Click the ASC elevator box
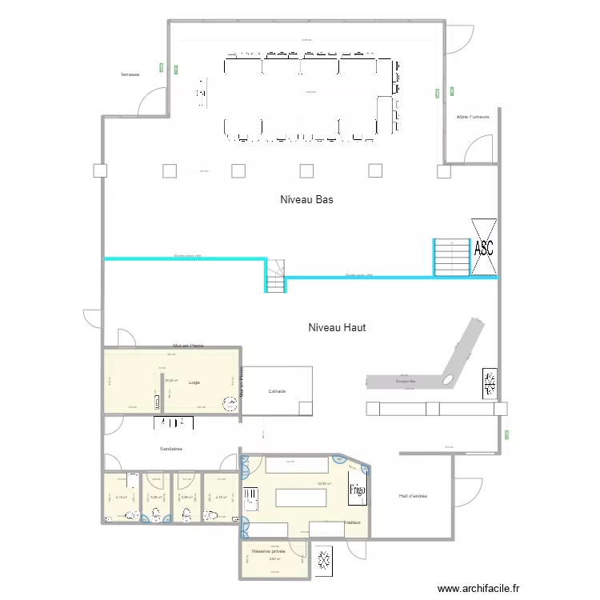pyautogui.click(x=483, y=247)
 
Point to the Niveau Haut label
pyautogui.click(x=337, y=327)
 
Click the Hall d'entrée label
pyautogui.click(x=413, y=496)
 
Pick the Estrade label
pyautogui.click(x=277, y=391)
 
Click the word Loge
pyautogui.click(x=194, y=382)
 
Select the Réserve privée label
pyautogui.click(x=268, y=551)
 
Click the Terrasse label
pyautogui.click(x=130, y=74)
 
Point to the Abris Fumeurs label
pyautogui.click(x=473, y=117)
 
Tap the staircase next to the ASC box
pyautogui.click(x=451, y=257)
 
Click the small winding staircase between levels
pyautogui.click(x=276, y=276)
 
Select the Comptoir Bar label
pyautogui.click(x=407, y=381)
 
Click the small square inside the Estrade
pyautogui.click(x=305, y=408)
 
